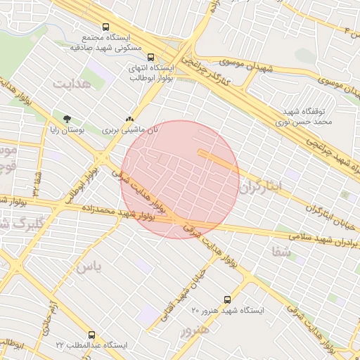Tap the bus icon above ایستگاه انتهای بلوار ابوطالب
tap(150, 59)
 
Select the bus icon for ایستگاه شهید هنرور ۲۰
tap(226, 300)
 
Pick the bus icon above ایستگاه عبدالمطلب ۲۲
tap(91, 335)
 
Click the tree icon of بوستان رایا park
tap(67, 119)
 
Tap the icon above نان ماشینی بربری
tap(128, 119)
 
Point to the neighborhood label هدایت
tap(71, 83)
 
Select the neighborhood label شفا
tap(279, 250)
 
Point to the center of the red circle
tap(180, 179)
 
